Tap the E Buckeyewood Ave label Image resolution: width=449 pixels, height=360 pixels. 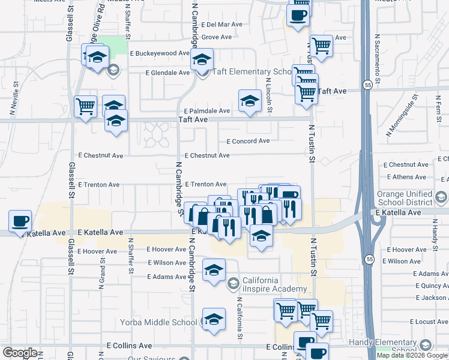(160, 53)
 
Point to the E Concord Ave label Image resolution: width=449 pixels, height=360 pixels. (248, 141)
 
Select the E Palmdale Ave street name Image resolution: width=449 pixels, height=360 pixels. (207, 112)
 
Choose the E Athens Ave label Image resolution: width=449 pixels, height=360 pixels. (406, 177)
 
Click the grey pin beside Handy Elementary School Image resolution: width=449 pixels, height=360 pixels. (426, 345)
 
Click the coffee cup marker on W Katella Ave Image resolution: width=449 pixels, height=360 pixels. (20, 221)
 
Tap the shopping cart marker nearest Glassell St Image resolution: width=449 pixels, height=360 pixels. (85, 107)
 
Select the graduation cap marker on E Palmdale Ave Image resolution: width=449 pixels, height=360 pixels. (250, 101)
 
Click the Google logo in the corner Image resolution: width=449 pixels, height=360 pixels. (20, 353)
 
